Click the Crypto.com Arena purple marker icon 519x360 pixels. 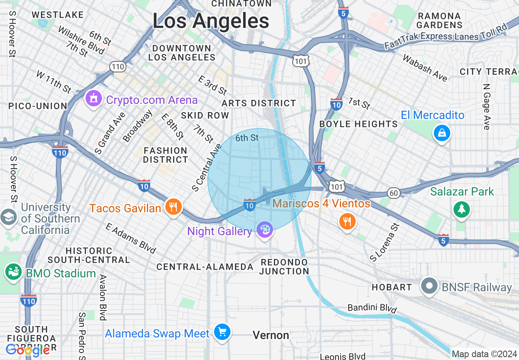coord(94,99)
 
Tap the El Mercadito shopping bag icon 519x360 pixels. coord(442,133)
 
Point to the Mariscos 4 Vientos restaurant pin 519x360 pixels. coord(347,221)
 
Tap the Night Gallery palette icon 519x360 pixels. coord(265,229)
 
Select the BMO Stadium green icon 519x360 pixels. coord(13,272)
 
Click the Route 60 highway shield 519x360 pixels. coord(394,193)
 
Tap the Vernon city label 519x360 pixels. coord(271,335)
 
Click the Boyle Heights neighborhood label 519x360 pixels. coord(358,124)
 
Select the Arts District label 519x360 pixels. coord(259,103)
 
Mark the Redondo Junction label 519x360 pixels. coord(284,267)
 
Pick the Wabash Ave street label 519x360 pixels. coord(425,68)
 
